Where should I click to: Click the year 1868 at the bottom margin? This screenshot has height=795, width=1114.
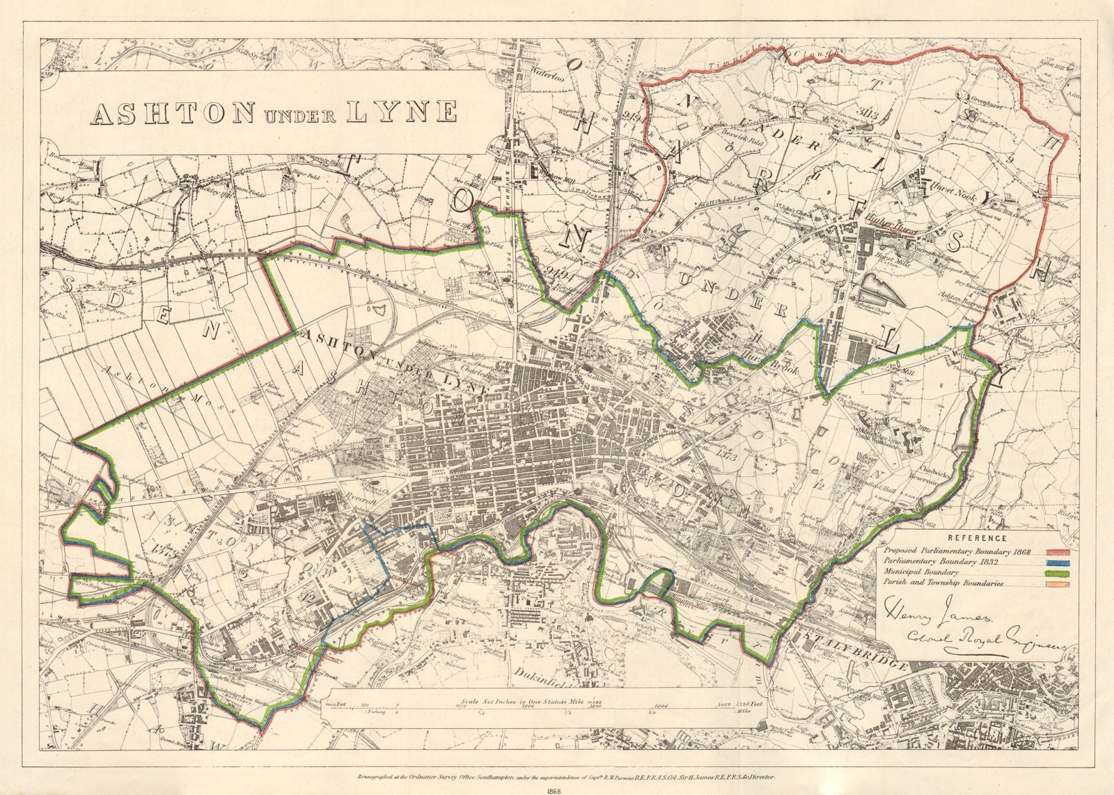[556, 790]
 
